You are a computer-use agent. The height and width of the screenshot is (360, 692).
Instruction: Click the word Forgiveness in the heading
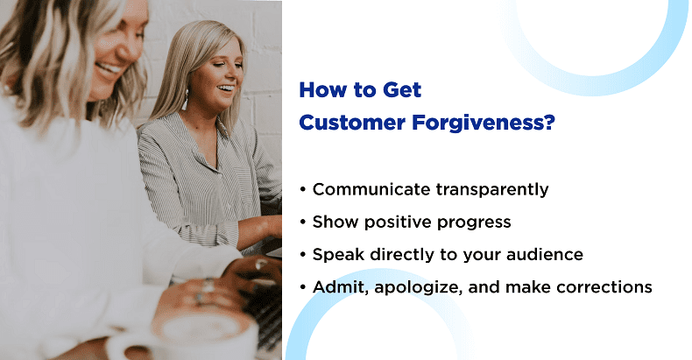tap(478, 123)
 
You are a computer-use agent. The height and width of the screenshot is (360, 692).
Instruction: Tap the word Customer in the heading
tap(352, 123)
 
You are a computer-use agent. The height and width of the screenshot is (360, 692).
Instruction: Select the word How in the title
tap(322, 90)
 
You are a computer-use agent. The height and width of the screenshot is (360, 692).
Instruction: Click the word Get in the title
tap(402, 90)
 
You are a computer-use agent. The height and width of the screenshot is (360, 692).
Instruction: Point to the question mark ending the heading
tap(549, 123)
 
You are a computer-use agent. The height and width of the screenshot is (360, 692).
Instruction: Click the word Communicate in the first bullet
tap(371, 189)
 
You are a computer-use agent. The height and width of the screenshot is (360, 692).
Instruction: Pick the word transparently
tap(492, 190)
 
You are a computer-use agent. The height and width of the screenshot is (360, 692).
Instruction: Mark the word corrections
tap(604, 287)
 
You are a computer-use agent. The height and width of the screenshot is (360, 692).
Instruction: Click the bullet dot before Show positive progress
tap(303, 222)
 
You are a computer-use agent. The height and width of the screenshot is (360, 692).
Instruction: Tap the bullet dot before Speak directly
tap(303, 255)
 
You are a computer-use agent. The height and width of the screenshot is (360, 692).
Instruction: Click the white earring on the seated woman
tap(185, 101)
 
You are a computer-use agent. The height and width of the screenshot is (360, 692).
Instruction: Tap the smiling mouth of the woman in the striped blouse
tap(225, 88)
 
